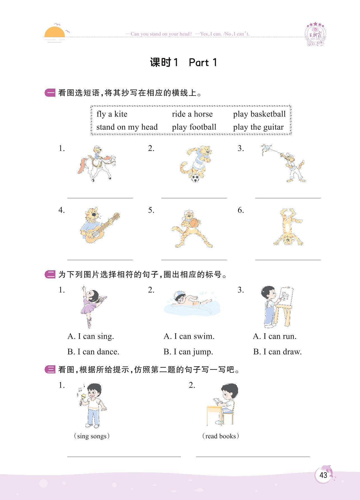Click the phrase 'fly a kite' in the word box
(x=112, y=114)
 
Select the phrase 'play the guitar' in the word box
(x=258, y=127)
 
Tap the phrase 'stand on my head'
(x=127, y=127)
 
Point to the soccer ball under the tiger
(x=195, y=178)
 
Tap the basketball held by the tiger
(x=194, y=223)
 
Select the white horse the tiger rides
(x=97, y=168)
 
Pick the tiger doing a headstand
(x=288, y=227)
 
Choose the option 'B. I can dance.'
(x=93, y=352)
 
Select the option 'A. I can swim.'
(x=189, y=336)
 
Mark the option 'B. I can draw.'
(x=277, y=352)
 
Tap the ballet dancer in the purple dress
(x=93, y=307)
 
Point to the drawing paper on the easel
(x=286, y=296)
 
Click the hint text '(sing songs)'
(x=92, y=436)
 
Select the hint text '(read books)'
(x=220, y=436)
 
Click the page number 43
(x=323, y=475)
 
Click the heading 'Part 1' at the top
(x=203, y=62)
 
